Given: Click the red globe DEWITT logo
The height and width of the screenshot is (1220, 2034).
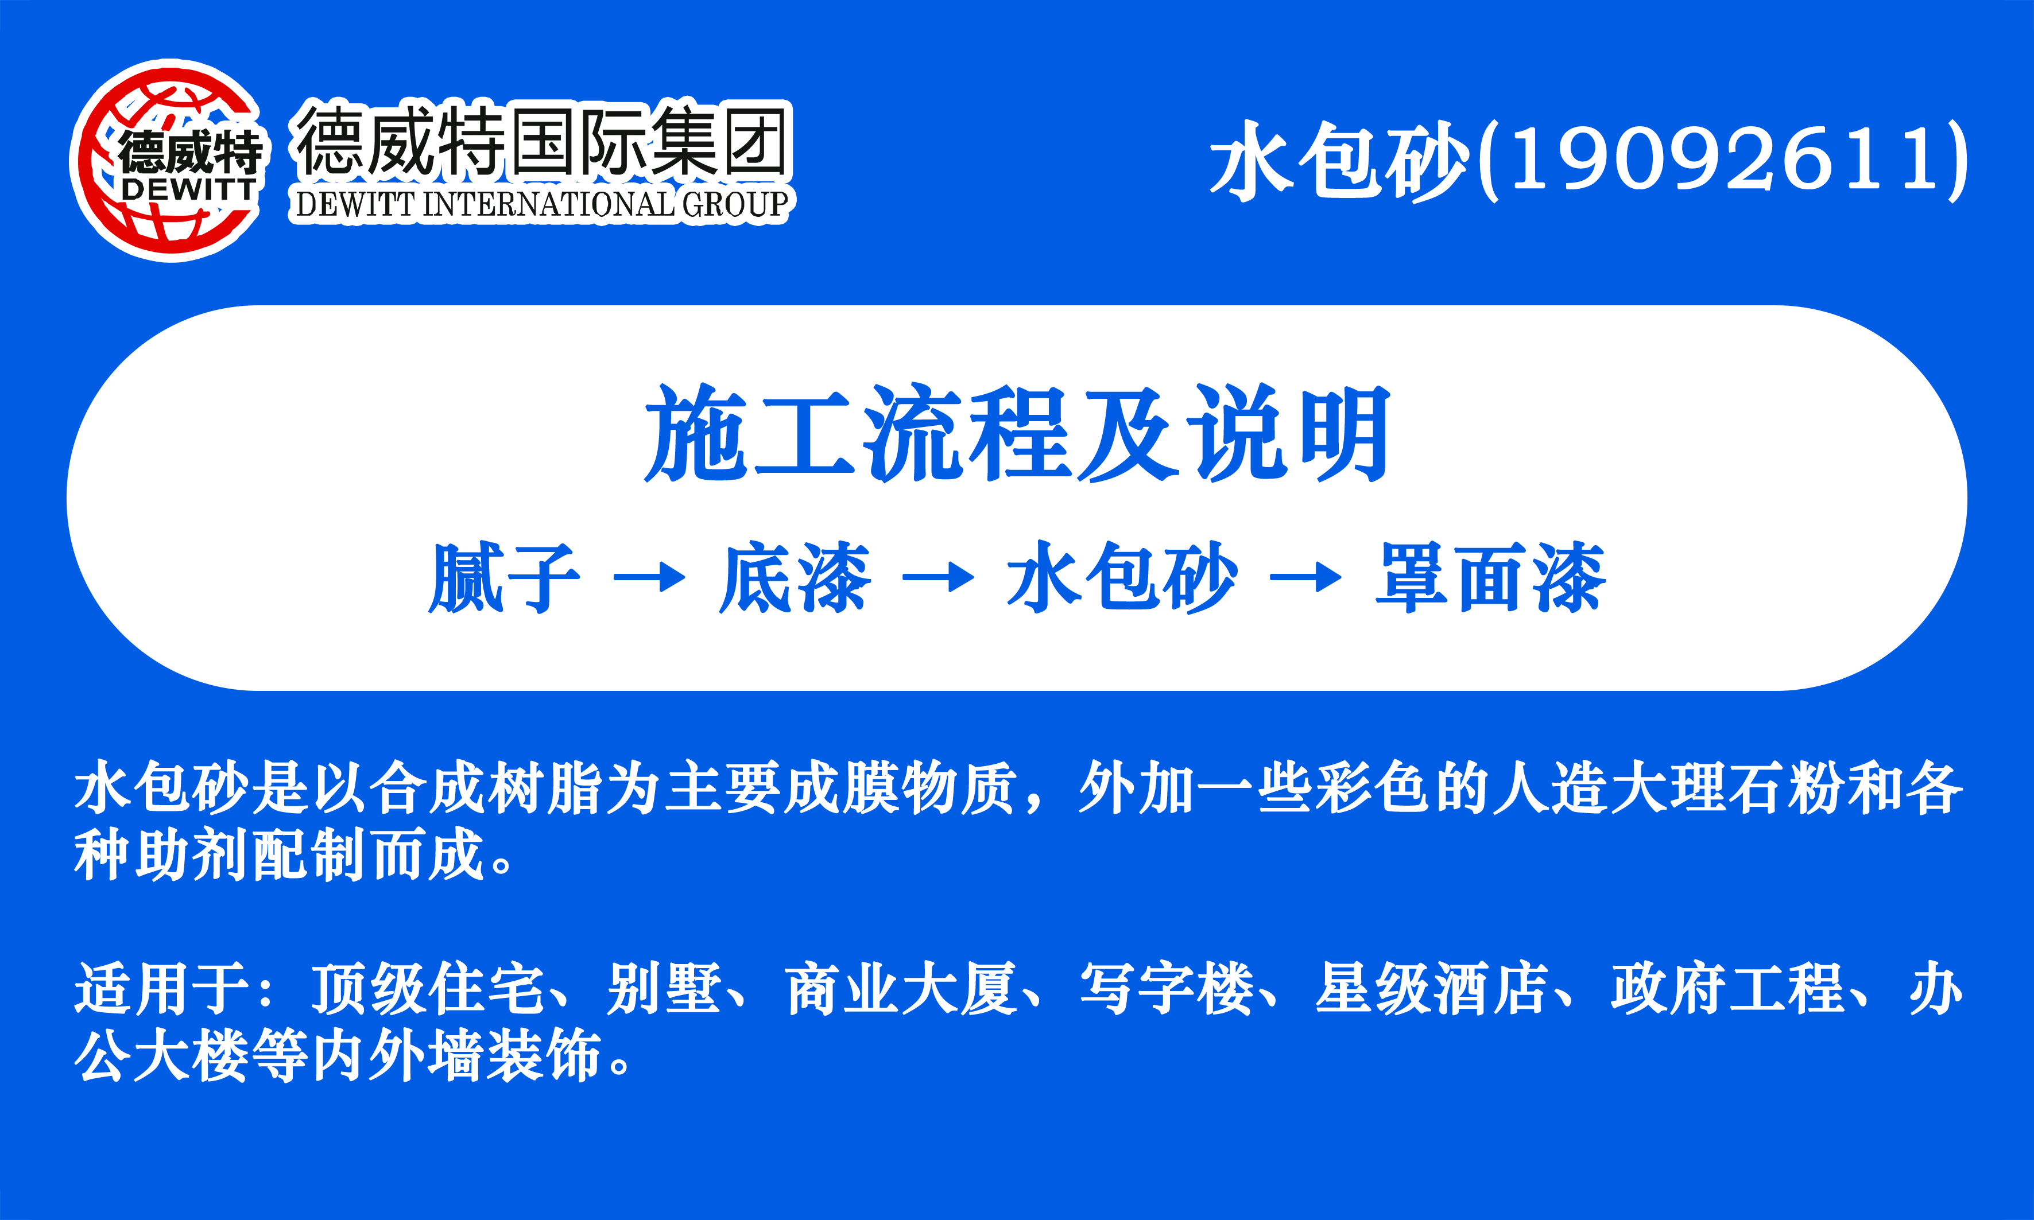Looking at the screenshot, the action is coord(169,160).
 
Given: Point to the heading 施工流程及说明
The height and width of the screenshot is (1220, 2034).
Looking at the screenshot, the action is coord(1017,433).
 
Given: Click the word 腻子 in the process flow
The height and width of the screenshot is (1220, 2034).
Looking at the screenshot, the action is coord(504,577).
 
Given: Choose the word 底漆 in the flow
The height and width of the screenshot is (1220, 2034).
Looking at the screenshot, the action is coord(795,577).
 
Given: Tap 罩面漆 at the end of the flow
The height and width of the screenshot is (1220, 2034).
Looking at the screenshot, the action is coord(1490,577).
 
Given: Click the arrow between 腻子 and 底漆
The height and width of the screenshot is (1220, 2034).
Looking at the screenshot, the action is coord(650,577).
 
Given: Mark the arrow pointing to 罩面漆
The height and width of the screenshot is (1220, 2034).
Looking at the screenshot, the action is coord(1306,577).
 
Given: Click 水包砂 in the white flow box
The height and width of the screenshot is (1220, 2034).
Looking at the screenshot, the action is coord(1123,577).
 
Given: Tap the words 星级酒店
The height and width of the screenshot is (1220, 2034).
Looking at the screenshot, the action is coord(1432,988).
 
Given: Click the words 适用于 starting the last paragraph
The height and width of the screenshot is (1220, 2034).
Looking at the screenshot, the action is coord(162,988).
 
